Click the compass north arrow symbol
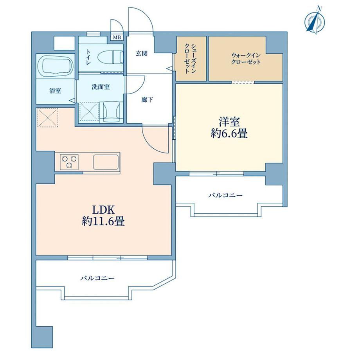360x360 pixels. tap(315, 20)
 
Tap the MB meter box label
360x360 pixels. tap(117, 38)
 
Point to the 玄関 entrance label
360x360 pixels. tap(141, 54)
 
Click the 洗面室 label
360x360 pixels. tap(101, 87)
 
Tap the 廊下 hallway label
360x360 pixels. tap(147, 100)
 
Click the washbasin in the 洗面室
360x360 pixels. tap(112, 112)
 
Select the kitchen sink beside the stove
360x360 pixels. tap(106, 162)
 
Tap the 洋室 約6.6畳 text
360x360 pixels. tap(229, 128)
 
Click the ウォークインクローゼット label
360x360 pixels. tap(246, 59)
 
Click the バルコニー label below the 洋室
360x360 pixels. tap(225, 195)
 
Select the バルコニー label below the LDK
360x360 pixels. tap(97, 278)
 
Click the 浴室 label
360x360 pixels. tap(55, 91)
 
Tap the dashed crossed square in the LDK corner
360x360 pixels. tap(48, 117)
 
